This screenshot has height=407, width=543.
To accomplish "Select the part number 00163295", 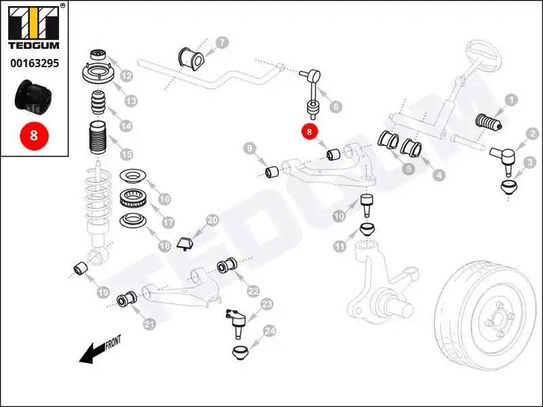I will pos(33,64).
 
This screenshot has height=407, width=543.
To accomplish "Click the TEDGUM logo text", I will pos(33,46).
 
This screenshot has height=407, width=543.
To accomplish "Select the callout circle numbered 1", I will pos(510,102).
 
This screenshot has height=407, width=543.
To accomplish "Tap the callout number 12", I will pos(126,76).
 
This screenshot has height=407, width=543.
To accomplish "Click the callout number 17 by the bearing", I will pos(167,222).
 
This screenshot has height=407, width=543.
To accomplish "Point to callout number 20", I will pos(212,220).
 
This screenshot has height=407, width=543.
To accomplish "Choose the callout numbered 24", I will pos(269,331).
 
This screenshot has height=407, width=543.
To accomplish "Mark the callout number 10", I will pos(339,216).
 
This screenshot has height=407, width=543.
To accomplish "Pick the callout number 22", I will pos(253,291).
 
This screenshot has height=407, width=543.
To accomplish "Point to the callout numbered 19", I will pos(102,292).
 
